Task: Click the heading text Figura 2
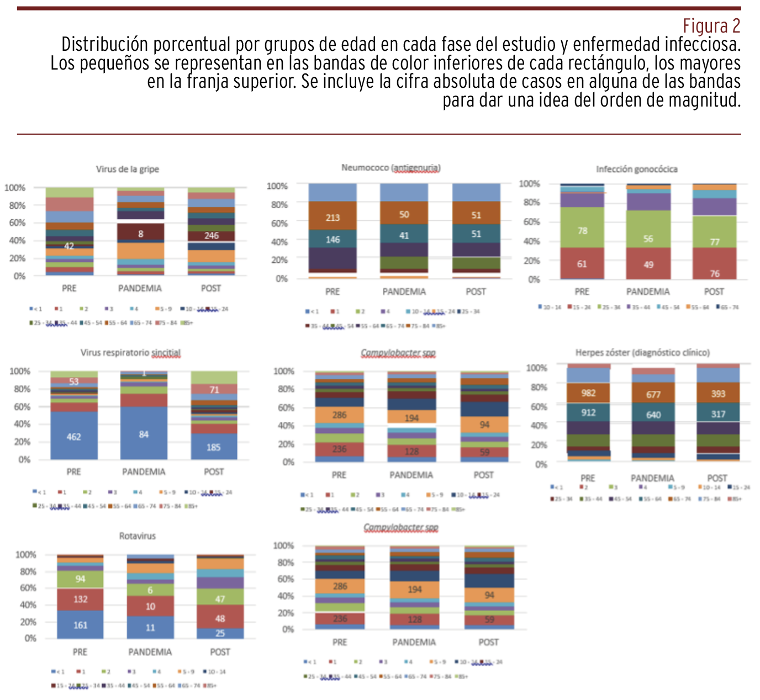pyautogui.click(x=711, y=26)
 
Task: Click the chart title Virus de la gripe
pyautogui.click(x=127, y=169)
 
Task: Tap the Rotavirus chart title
pyautogui.click(x=138, y=536)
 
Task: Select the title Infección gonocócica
pyautogui.click(x=636, y=169)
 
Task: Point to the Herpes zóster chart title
pyautogui.click(x=642, y=352)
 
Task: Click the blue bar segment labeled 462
pyautogui.click(x=74, y=437)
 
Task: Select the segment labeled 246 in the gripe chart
pyautogui.click(x=212, y=236)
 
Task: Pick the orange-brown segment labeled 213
pyautogui.click(x=332, y=217)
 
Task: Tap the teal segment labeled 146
pyautogui.click(x=332, y=240)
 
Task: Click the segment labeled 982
pyautogui.click(x=588, y=393)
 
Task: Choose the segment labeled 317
pyautogui.click(x=718, y=413)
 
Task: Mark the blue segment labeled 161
pyautogui.click(x=80, y=625)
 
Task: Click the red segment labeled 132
pyautogui.click(x=80, y=599)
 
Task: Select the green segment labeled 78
pyautogui.click(x=582, y=230)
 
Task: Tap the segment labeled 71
pyautogui.click(x=214, y=389)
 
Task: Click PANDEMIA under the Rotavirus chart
pyautogui.click(x=150, y=652)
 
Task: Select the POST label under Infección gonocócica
pyautogui.click(x=714, y=291)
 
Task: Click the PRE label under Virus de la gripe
pyautogui.click(x=69, y=288)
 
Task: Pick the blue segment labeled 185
pyautogui.click(x=214, y=447)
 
